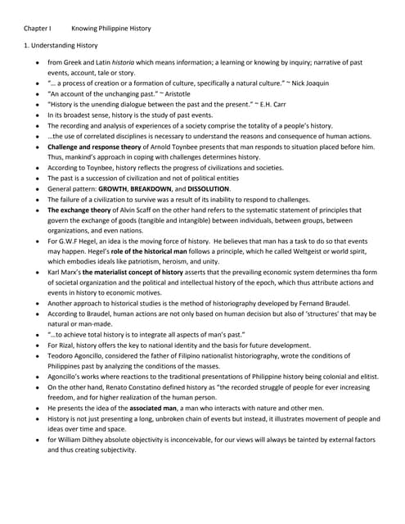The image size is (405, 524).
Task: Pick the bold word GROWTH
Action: pos(112,188)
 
